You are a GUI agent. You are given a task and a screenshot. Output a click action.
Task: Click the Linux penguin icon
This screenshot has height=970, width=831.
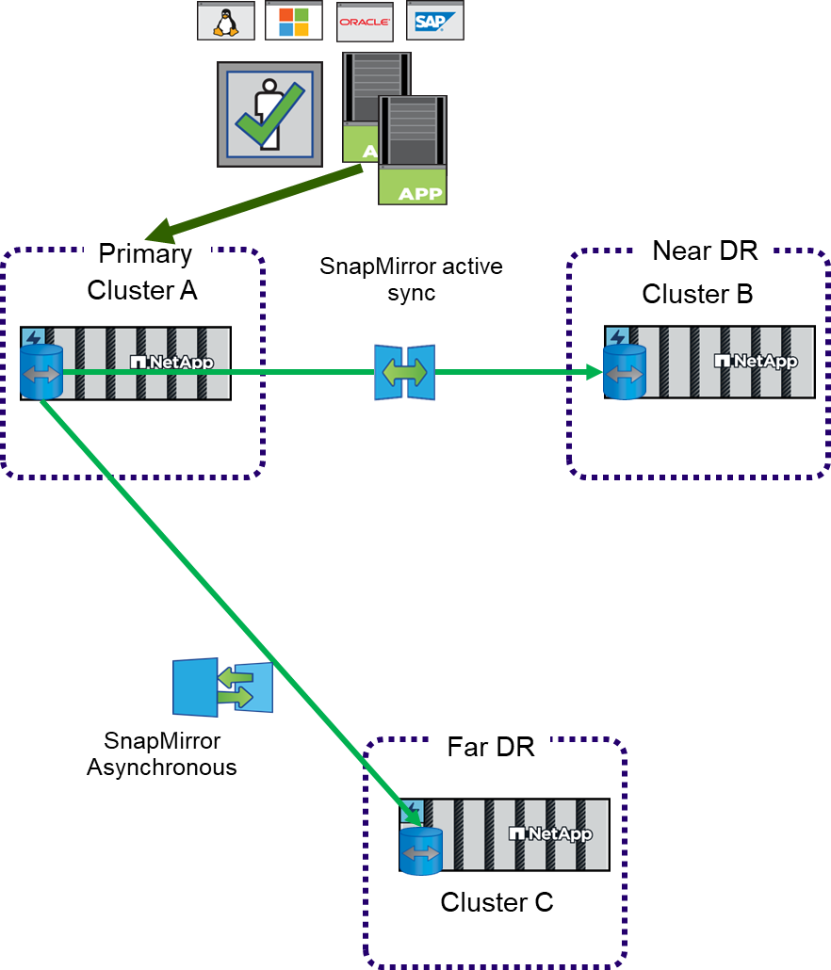pos(226,21)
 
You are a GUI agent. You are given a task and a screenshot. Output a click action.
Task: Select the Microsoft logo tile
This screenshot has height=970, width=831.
pos(293,21)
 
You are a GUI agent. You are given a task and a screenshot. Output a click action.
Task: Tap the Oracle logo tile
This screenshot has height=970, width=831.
pos(365,22)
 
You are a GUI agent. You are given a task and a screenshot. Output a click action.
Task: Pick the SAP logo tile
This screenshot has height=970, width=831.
pos(434,21)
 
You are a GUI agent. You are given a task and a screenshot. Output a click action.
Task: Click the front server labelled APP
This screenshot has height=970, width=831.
pos(413,151)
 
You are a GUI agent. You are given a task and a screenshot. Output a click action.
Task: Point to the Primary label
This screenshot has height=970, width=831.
pos(146,253)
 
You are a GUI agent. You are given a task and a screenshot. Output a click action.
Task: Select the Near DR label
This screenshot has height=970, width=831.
pos(706,251)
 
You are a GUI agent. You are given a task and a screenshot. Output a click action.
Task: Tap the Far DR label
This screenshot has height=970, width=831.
pos(491,748)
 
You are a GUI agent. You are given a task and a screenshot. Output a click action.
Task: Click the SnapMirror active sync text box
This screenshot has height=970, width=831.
pos(411,279)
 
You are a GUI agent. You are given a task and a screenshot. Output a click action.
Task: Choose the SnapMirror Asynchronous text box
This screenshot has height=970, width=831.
pos(162,754)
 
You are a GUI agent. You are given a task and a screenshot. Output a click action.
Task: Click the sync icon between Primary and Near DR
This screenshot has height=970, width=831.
pos(405,372)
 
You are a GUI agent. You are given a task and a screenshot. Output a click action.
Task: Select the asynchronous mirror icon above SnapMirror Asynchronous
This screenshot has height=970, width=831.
pos(222,687)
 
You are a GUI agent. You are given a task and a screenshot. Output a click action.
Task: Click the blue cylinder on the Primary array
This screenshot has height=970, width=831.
pos(41,372)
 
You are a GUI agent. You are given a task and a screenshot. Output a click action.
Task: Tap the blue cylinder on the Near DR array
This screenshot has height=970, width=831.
pos(624,372)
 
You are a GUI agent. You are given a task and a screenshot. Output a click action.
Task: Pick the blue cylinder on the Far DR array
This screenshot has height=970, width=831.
pos(421,851)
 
